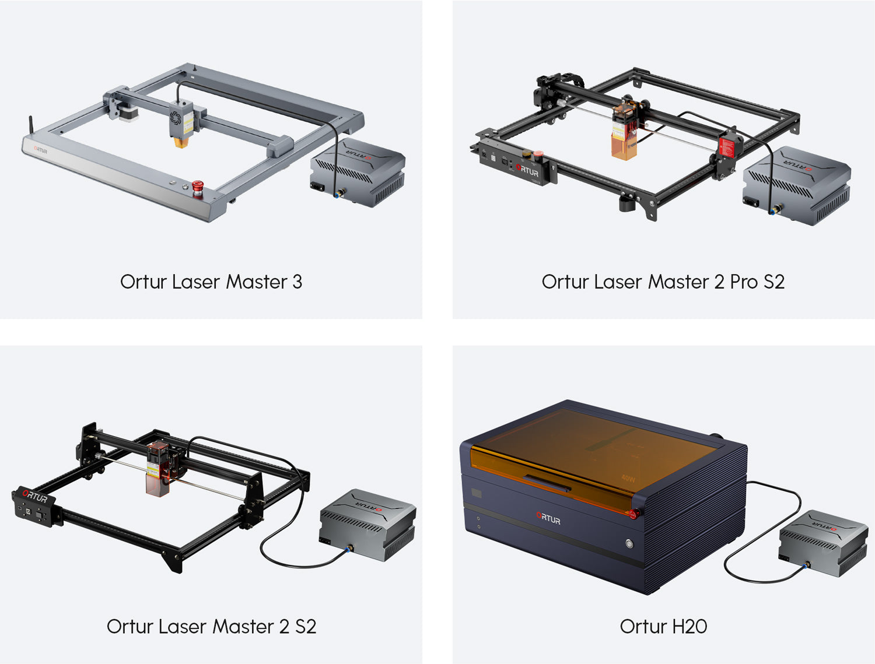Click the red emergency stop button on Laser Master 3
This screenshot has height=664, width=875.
point(198,188)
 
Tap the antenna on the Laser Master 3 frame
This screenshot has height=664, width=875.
point(30,125)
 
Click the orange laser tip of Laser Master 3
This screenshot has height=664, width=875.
point(181,143)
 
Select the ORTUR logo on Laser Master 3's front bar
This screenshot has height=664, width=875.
point(40,150)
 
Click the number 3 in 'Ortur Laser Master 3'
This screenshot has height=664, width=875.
point(297,282)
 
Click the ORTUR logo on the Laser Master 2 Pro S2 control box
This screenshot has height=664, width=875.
point(527,170)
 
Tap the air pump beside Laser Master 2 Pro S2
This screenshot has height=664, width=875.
point(796,185)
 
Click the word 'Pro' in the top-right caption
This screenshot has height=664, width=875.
point(743,282)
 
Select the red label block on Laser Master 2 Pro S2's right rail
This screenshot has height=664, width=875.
point(727,147)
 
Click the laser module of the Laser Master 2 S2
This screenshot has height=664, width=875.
point(158,469)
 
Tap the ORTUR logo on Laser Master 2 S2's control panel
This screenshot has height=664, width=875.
point(35,496)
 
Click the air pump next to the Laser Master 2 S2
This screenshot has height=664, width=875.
point(367,525)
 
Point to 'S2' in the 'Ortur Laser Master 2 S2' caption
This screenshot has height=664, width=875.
point(305,627)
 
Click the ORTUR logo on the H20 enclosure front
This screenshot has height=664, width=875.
point(548,518)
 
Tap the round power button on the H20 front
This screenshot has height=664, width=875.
point(629,543)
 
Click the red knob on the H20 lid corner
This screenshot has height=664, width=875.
point(633,514)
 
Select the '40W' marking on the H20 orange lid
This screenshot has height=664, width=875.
point(628,479)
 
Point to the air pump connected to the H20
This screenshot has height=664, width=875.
point(823,543)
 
